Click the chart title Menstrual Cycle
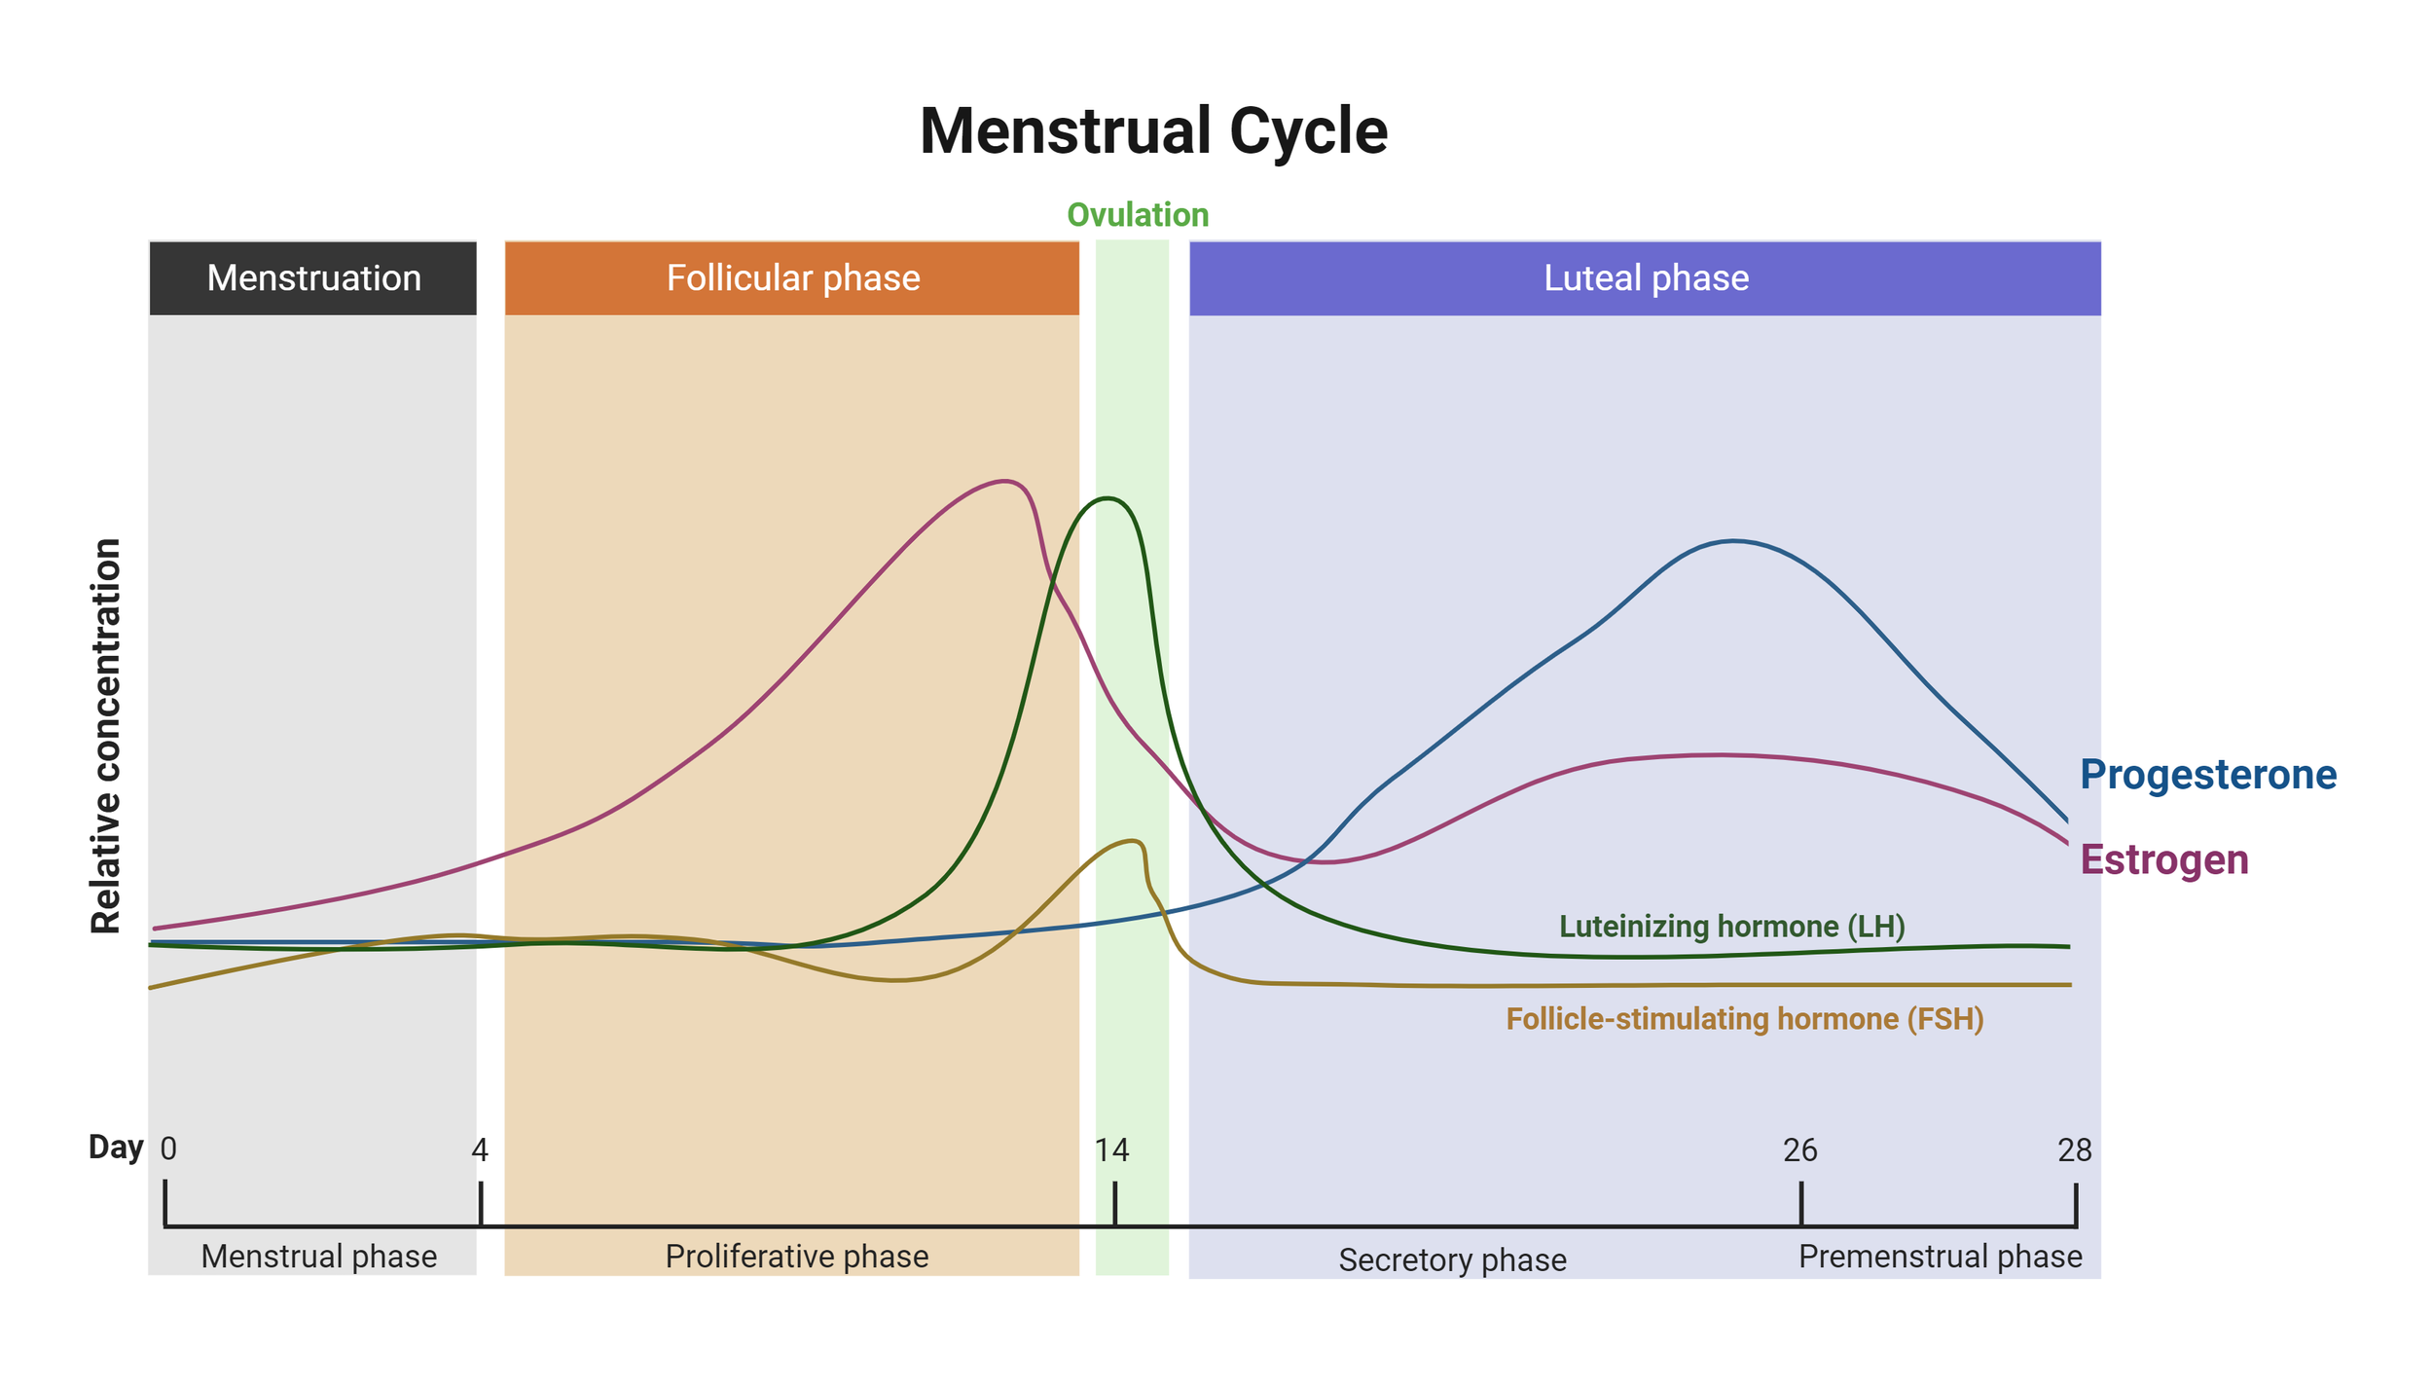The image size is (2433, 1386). click(x=1153, y=131)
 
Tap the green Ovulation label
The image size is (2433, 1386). click(x=1138, y=215)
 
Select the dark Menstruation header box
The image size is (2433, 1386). click(x=313, y=278)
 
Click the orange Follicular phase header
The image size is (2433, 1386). click(x=792, y=278)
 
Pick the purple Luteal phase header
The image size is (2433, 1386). click(x=1646, y=278)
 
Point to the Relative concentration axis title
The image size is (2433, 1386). click(x=106, y=736)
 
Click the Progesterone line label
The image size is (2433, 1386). click(x=2207, y=775)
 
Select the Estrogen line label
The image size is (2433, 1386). click(x=2163, y=859)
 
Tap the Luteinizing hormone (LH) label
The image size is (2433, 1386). click(x=1731, y=926)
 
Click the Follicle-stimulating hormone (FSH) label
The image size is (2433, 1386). click(x=1744, y=1019)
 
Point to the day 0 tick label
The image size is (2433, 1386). click(x=168, y=1149)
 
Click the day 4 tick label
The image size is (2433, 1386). click(x=480, y=1150)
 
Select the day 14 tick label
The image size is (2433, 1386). click(x=1111, y=1150)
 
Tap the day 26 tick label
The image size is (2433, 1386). click(x=1799, y=1150)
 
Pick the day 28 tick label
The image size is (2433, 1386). click(x=2074, y=1150)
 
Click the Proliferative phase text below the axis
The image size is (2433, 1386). click(x=796, y=1257)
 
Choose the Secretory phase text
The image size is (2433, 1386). click(x=1452, y=1260)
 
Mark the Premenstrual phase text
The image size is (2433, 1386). click(x=1940, y=1257)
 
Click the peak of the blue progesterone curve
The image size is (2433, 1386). click(x=1734, y=541)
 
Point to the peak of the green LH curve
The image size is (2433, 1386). click(x=1108, y=498)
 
